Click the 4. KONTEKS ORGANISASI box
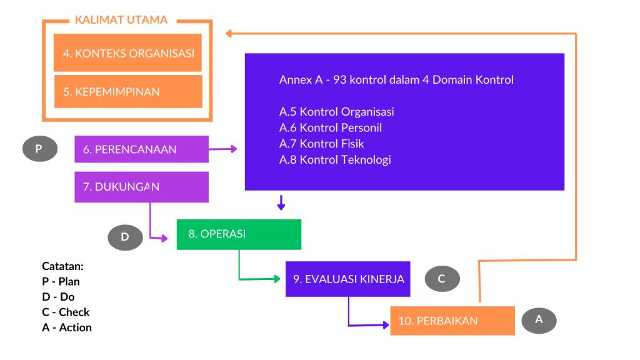[127, 52]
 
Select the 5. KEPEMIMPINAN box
[128, 91]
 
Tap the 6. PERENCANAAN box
[142, 149]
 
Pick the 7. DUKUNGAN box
[142, 187]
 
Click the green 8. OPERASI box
[239, 234]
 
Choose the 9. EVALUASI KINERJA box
[347, 279]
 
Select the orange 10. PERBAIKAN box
[452, 321]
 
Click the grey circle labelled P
[39, 149]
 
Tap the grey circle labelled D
[125, 237]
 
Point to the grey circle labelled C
[442, 279]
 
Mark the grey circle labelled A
[539, 321]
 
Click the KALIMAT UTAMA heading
[121, 20]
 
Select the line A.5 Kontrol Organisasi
[336, 112]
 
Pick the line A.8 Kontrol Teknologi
[335, 159]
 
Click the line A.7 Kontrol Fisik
[321, 144]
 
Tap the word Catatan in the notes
[62, 266]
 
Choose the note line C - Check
[65, 312]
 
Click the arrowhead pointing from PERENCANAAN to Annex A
[234, 149]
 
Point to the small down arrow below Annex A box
[281, 202]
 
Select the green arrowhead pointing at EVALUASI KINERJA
[277, 279]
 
